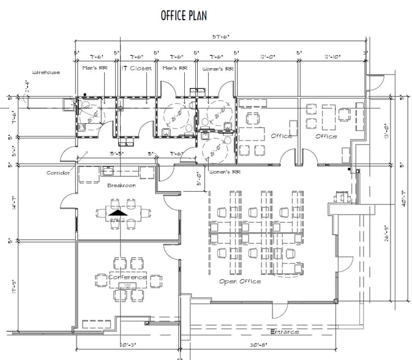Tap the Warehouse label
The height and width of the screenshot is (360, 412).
46,72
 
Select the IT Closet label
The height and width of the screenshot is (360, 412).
137,69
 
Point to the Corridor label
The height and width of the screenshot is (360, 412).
59,173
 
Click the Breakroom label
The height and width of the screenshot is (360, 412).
121,185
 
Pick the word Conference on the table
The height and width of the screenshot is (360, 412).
128,277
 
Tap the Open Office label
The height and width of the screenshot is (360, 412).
240,282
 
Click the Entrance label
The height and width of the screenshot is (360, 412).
285,332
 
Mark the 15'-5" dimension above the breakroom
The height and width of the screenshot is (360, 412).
117,154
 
